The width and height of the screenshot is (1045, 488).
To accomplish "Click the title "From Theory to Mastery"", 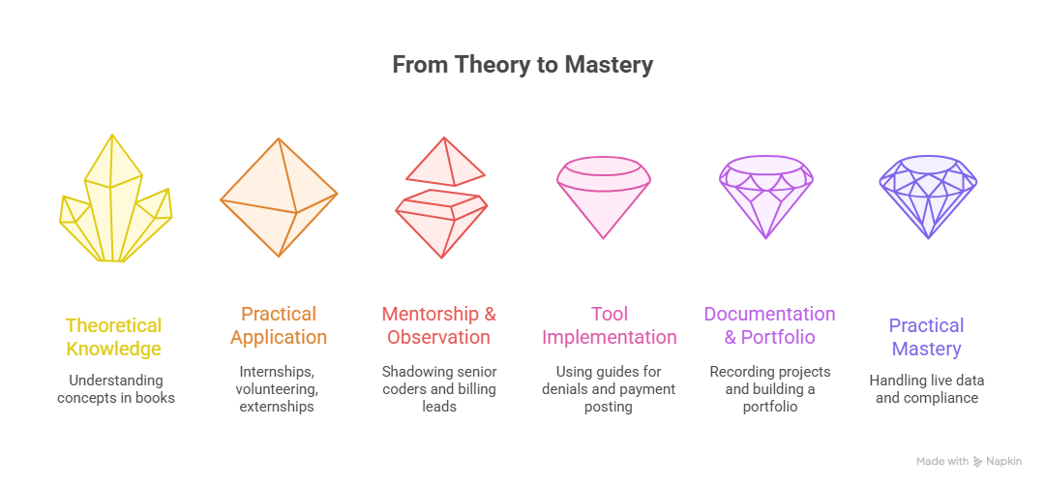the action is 522,65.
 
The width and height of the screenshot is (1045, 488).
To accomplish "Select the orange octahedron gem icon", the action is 279,197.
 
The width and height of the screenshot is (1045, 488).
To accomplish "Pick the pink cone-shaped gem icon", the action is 603,197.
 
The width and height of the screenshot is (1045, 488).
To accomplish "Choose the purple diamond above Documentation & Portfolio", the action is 765,197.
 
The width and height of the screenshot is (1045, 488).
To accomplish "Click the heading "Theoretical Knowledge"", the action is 114,337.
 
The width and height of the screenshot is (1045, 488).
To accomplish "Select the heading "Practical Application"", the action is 279,325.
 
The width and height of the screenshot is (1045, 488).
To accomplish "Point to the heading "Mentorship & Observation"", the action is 439,325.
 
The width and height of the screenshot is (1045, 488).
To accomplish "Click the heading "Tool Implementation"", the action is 609,325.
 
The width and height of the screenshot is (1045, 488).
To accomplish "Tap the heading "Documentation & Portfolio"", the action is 769,325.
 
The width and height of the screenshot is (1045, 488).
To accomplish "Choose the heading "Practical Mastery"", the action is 927,337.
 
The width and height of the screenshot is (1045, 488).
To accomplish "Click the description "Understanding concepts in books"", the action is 116,388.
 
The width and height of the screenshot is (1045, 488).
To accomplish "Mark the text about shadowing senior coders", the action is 439,388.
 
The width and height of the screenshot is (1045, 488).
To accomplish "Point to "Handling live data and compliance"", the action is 927,388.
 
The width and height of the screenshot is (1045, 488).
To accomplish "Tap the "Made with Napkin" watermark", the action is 970,462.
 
